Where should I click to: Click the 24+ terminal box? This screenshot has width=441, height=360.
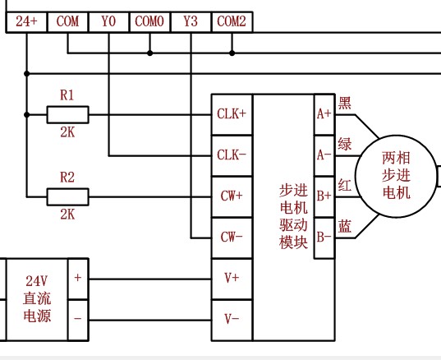click(x=26, y=22)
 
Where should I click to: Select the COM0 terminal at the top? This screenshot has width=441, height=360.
click(x=149, y=22)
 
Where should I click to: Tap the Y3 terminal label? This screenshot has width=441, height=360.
click(x=191, y=21)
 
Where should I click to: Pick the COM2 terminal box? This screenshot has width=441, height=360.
click(x=232, y=22)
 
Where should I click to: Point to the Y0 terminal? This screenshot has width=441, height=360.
click(x=108, y=22)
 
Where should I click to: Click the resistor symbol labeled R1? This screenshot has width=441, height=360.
click(x=68, y=114)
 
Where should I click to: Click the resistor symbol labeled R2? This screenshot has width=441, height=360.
click(x=68, y=196)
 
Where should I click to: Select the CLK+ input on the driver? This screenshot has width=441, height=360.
click(x=232, y=114)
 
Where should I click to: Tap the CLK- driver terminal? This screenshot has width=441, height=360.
click(x=232, y=155)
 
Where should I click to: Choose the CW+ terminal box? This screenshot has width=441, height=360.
click(x=232, y=196)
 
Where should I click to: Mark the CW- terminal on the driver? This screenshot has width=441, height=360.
click(x=232, y=238)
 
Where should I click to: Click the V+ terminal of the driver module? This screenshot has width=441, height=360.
click(x=232, y=279)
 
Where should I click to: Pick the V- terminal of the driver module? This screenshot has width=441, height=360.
click(x=232, y=320)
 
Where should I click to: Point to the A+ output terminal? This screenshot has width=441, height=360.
click(x=324, y=114)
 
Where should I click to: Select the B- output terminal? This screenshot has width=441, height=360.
click(x=324, y=238)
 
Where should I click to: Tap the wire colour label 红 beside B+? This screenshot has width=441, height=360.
click(x=345, y=185)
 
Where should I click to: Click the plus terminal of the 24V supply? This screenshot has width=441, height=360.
click(x=78, y=279)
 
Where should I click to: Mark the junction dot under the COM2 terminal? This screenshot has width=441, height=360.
click(x=232, y=53)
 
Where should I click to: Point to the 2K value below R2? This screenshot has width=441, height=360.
click(x=67, y=215)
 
